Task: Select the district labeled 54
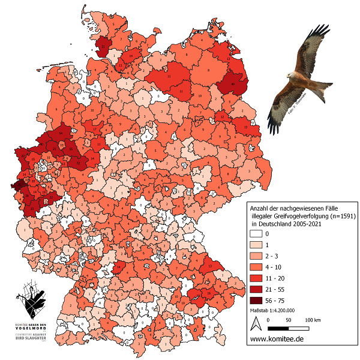tap(59, 133)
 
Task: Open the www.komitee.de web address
tap(276, 340)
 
